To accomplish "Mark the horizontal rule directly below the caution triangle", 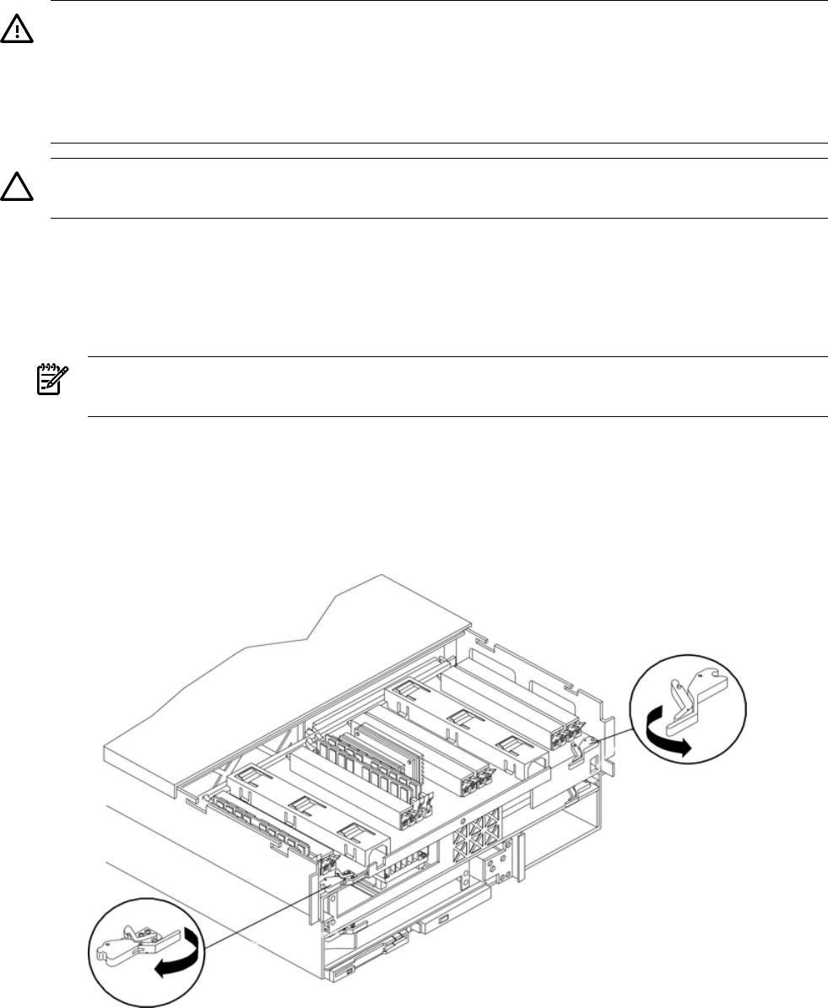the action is [x=439, y=219].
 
